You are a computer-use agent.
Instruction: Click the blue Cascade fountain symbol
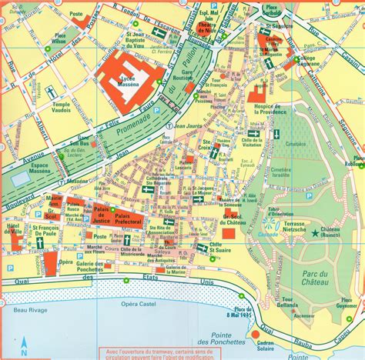tap(270, 225)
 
